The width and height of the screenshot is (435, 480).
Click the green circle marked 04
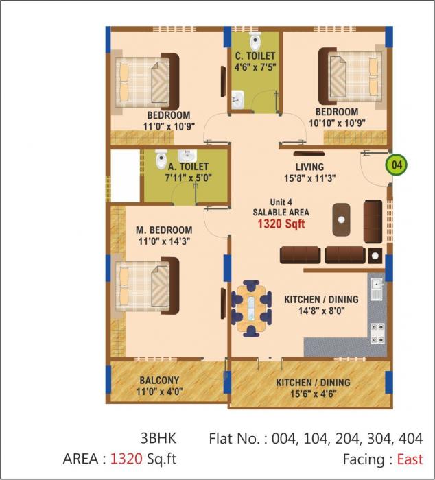pyautogui.click(x=395, y=165)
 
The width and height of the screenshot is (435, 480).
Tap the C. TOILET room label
pyautogui.click(x=255, y=56)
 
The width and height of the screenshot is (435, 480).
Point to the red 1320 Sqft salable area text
pyautogui.click(x=282, y=224)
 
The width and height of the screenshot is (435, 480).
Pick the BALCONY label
pyautogui.click(x=159, y=381)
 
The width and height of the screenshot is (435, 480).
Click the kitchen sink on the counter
pyautogui.click(x=376, y=288)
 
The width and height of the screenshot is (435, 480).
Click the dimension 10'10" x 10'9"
pyautogui.click(x=337, y=123)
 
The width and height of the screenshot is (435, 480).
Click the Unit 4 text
pyautogui.click(x=281, y=202)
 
